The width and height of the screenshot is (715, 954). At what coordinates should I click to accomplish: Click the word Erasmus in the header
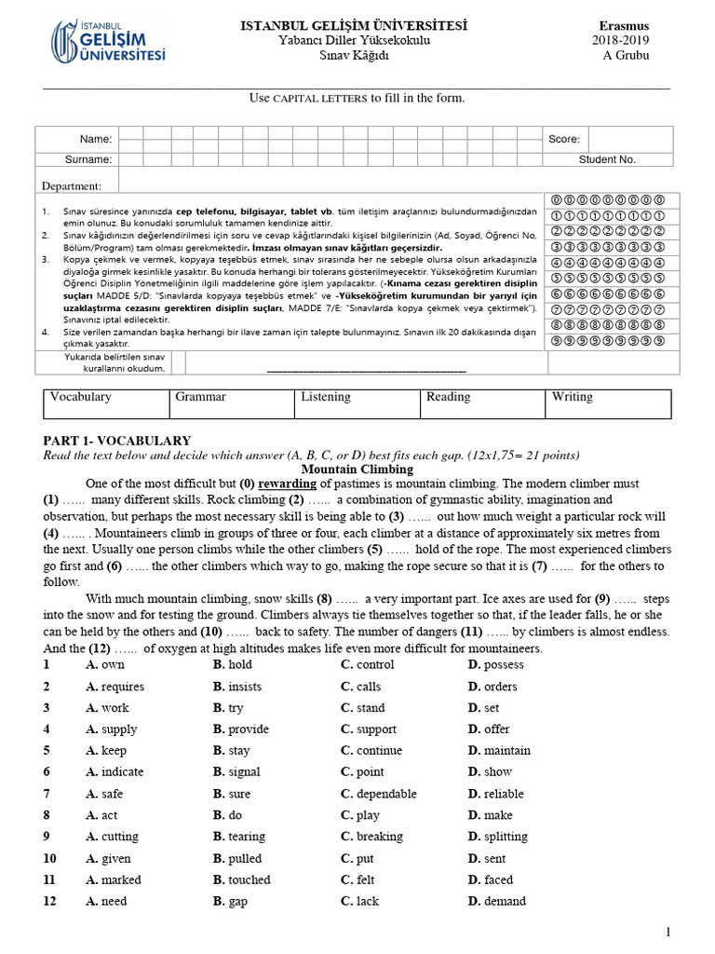(x=624, y=25)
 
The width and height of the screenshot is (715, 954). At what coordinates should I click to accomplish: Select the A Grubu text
(x=626, y=55)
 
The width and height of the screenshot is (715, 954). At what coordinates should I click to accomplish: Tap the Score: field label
(x=564, y=139)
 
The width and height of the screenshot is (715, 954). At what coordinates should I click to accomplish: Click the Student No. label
(x=607, y=159)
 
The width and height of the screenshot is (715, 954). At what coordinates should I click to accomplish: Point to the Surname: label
(x=90, y=159)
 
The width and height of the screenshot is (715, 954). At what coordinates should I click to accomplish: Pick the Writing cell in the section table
(x=572, y=397)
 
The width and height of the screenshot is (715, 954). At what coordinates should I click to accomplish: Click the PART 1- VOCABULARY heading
(x=117, y=441)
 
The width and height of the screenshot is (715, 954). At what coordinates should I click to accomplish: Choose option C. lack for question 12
(x=359, y=901)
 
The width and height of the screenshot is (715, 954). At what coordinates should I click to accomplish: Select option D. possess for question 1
(x=496, y=664)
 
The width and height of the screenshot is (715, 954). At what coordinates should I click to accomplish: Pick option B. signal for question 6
(x=236, y=771)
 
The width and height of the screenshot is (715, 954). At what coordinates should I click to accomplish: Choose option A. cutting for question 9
(x=112, y=837)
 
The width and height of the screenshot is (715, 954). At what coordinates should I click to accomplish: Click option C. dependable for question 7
(x=378, y=794)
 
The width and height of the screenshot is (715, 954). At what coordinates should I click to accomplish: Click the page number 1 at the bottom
(x=668, y=933)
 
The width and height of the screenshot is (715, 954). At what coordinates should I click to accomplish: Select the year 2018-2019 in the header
(x=621, y=40)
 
